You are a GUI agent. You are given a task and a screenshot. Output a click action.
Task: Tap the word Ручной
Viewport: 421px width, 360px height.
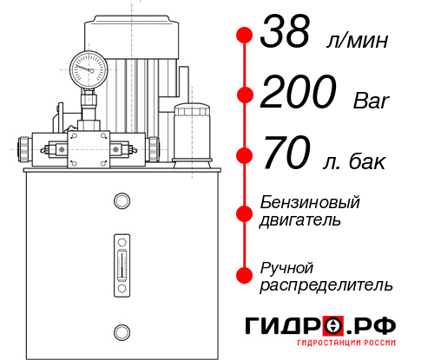coord(286,265)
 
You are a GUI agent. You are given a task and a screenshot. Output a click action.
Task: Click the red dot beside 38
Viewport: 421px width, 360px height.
coord(245,36)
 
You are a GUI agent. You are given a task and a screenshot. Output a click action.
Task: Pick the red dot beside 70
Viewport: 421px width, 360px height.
coord(245,156)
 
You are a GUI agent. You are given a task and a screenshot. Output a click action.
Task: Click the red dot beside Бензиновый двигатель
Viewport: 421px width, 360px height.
coord(245,211)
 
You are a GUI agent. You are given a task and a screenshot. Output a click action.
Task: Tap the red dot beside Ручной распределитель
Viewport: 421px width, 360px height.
coord(245,274)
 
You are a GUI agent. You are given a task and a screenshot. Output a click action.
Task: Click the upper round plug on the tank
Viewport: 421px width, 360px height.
coord(120,201)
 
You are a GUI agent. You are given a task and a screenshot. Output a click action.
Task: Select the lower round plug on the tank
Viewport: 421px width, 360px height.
coord(120,331)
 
